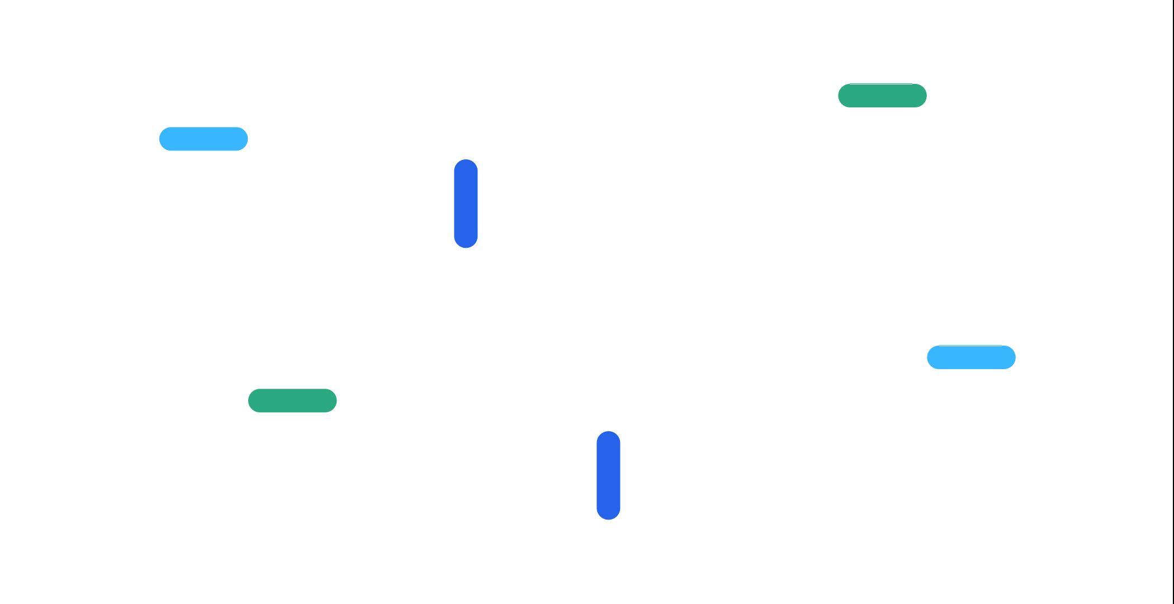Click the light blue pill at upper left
[203, 139]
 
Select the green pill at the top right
[882, 96]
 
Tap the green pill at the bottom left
[292, 400]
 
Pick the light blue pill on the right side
[971, 357]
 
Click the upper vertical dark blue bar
[466, 204]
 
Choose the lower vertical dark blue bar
[608, 475]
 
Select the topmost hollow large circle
[626, 214]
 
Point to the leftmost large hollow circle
[554, 286]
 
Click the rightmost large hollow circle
[698, 286]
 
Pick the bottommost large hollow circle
[626, 358]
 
